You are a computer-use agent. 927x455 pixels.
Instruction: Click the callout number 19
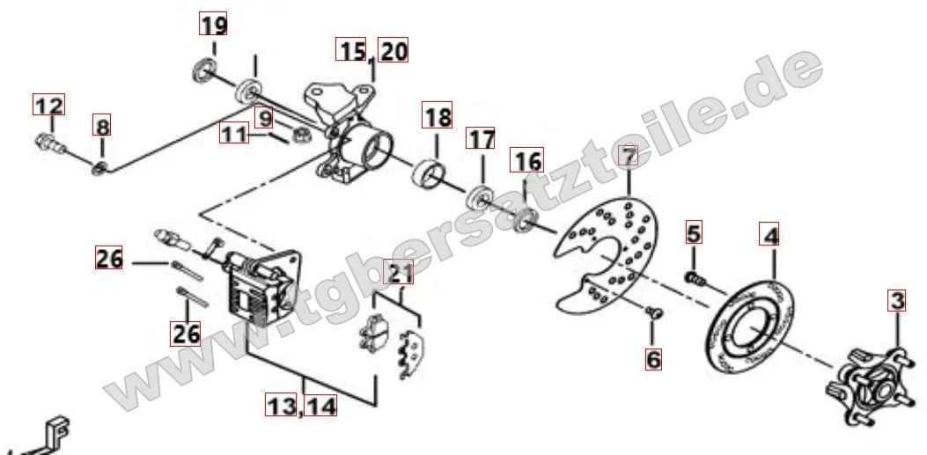(213, 25)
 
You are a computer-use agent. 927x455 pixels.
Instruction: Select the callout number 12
(48, 106)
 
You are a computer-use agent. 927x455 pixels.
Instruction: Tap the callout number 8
(101, 126)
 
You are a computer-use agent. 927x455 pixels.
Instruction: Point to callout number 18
(437, 115)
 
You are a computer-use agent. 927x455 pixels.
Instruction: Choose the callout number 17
(481, 138)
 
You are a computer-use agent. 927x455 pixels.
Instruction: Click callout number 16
(526, 159)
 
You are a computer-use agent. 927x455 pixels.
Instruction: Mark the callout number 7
(629, 156)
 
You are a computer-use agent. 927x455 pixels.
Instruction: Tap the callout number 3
(897, 300)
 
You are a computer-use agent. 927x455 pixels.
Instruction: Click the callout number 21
(399, 272)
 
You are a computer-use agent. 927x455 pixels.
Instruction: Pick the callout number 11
(234, 133)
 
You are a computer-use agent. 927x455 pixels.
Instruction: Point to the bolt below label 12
(49, 143)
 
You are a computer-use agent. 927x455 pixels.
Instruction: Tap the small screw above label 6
(654, 312)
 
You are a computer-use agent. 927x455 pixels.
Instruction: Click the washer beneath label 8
(99, 170)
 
